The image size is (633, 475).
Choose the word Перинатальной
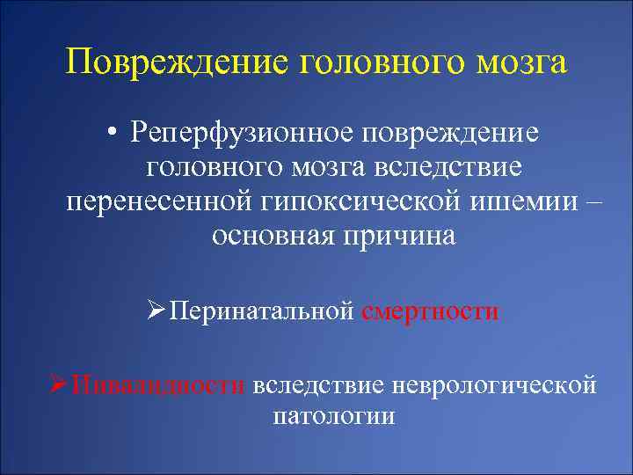click(261, 311)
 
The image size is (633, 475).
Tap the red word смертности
click(430, 311)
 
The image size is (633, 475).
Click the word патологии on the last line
click(334, 416)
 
